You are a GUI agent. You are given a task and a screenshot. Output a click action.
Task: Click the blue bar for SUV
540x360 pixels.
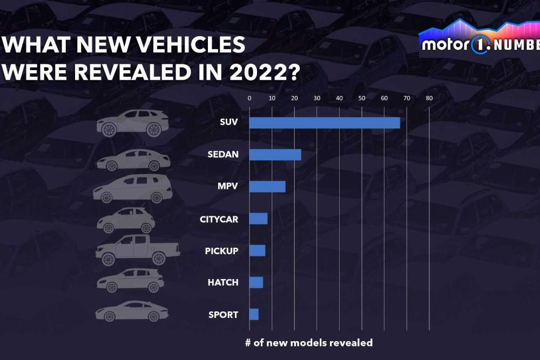click(325, 123)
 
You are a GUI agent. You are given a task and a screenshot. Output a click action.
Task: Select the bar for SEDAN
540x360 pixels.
click(275, 155)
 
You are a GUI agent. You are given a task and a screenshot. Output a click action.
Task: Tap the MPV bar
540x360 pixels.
click(267, 187)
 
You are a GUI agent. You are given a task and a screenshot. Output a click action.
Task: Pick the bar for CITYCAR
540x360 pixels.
click(258, 219)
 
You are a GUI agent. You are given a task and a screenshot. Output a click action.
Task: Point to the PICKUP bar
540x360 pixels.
click(257, 250)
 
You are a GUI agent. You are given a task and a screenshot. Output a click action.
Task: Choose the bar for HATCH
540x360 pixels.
click(256, 282)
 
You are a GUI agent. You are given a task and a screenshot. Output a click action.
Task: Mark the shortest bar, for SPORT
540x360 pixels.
click(254, 314)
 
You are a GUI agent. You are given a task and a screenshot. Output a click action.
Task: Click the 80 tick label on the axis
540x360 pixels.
click(429, 98)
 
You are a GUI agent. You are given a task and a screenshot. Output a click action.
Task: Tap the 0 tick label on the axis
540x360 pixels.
click(249, 98)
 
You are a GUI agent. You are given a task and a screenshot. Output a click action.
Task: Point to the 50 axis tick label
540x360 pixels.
click(361, 98)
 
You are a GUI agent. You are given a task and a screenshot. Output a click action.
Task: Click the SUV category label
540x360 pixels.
click(229, 123)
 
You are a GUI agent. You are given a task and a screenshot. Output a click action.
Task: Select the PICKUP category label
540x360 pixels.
click(221, 251)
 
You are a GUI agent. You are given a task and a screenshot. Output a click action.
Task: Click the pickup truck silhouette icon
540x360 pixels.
click(137, 250)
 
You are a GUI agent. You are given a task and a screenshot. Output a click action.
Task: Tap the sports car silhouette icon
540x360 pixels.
click(132, 311)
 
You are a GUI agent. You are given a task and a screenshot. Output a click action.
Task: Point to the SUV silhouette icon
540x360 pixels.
click(132, 123)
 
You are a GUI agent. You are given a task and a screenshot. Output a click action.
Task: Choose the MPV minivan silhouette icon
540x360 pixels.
click(132, 188)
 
